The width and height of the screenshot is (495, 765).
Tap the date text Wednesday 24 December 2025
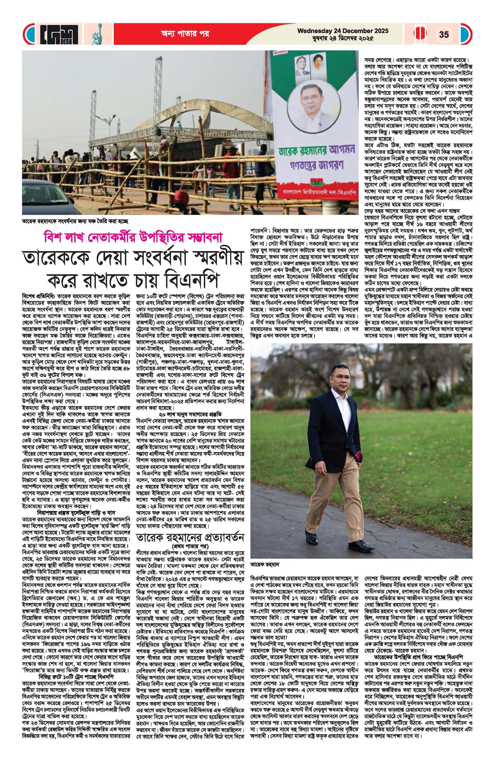coord(343,31)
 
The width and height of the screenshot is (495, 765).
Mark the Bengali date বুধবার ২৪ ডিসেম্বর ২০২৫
coord(343,38)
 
